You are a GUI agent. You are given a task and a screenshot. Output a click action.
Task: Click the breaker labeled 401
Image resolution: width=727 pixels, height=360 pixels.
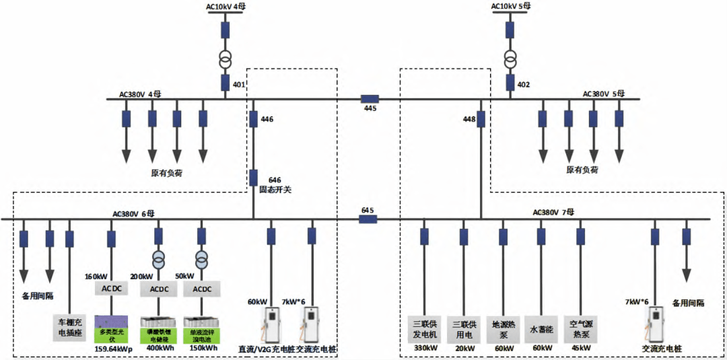click(226, 83)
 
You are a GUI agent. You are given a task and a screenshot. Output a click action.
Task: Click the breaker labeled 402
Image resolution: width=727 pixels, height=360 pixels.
click(510, 83)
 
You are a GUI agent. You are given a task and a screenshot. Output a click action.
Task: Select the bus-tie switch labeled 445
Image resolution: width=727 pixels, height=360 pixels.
click(368, 99)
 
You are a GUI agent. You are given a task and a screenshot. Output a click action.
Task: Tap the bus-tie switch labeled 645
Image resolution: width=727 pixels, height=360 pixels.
click(368, 219)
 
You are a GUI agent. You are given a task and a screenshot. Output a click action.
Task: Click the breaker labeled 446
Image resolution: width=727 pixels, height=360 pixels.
click(254, 120)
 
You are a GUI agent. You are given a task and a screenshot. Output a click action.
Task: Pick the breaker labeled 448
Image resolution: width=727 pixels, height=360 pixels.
click(481, 120)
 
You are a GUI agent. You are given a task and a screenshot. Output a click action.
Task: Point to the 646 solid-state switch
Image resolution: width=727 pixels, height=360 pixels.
click(254, 178)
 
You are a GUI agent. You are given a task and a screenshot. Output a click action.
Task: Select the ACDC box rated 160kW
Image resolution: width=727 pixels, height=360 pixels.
click(112, 289)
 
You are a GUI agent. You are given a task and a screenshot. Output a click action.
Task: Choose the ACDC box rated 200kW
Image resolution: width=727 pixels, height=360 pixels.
click(159, 289)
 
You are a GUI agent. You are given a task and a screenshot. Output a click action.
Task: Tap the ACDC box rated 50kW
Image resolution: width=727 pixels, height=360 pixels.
click(201, 289)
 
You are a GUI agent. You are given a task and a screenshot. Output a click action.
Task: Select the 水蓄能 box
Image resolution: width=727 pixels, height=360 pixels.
click(541, 329)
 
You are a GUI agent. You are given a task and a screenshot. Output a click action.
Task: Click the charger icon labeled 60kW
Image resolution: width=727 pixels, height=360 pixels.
click(271, 325)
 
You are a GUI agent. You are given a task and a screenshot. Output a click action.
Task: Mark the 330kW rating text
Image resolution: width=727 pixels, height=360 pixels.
click(424, 349)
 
